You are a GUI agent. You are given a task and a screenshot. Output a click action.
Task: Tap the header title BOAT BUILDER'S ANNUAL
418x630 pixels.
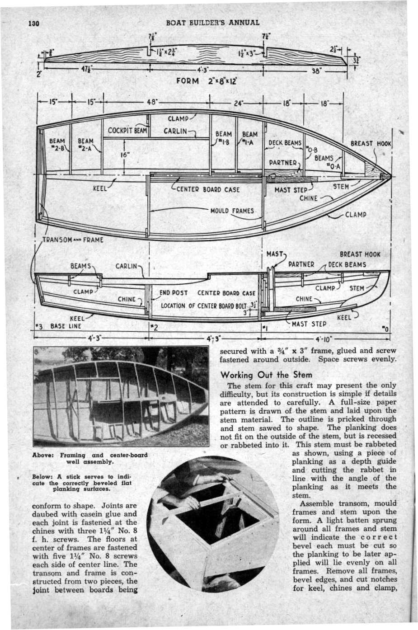(212, 23)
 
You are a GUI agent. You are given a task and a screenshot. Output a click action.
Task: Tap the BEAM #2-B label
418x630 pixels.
(57, 144)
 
